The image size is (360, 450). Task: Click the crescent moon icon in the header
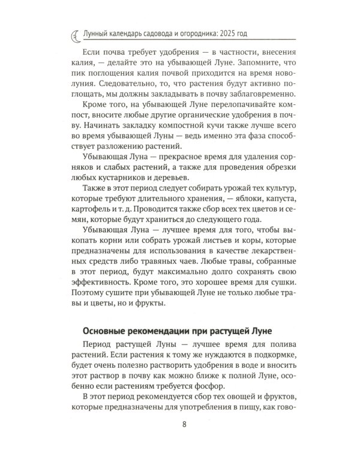71,37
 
